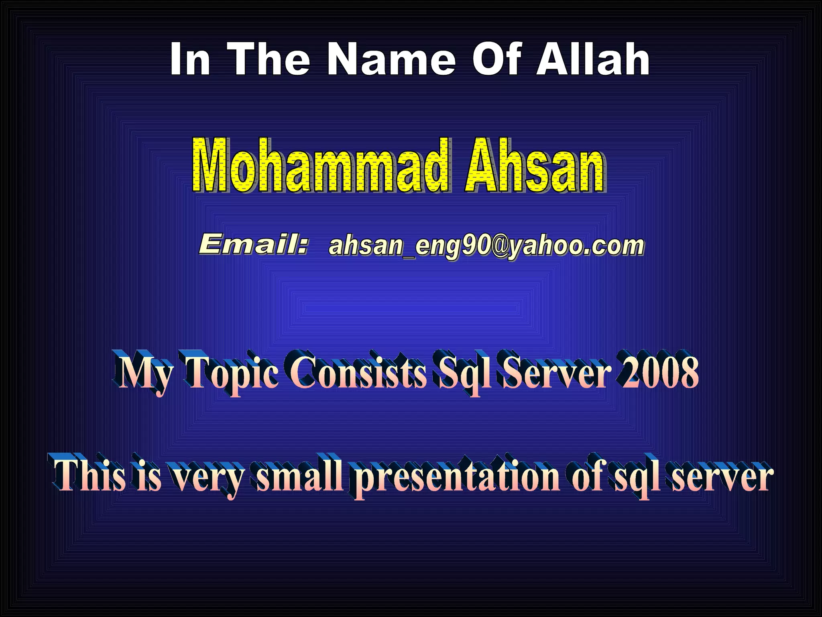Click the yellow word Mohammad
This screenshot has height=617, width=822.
coord(320,165)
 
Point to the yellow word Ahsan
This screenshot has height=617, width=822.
coord(535,165)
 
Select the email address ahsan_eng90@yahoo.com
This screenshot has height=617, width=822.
coord(486,245)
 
